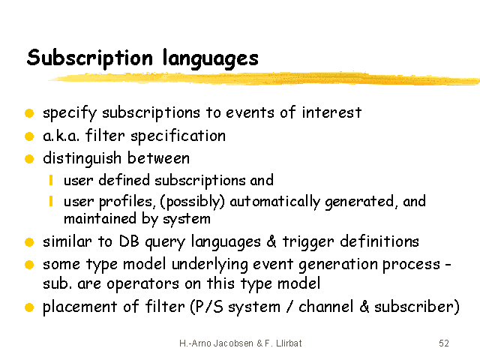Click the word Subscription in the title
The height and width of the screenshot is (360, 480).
coord(90,58)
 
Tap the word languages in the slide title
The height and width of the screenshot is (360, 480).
coord(211,58)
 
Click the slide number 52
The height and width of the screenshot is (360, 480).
coord(444,343)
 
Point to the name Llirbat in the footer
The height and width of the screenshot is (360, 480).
coord(289,343)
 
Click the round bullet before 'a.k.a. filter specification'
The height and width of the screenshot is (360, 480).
coord(29,136)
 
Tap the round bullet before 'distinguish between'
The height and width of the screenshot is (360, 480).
coord(29,159)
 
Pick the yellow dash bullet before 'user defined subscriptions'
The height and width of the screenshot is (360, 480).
coord(51,180)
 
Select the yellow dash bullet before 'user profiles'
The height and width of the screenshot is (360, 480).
coord(51,201)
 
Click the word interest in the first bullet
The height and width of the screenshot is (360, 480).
coord(331,112)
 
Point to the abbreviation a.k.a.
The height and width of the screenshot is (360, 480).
coord(61,136)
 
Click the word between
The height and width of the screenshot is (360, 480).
coord(158,158)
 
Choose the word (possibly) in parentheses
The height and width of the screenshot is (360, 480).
coord(192,202)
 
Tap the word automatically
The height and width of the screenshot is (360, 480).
coord(275,202)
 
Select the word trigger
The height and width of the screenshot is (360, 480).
coord(308,242)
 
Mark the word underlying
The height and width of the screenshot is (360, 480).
coord(210,265)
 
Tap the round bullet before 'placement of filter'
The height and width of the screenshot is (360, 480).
coord(29,307)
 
